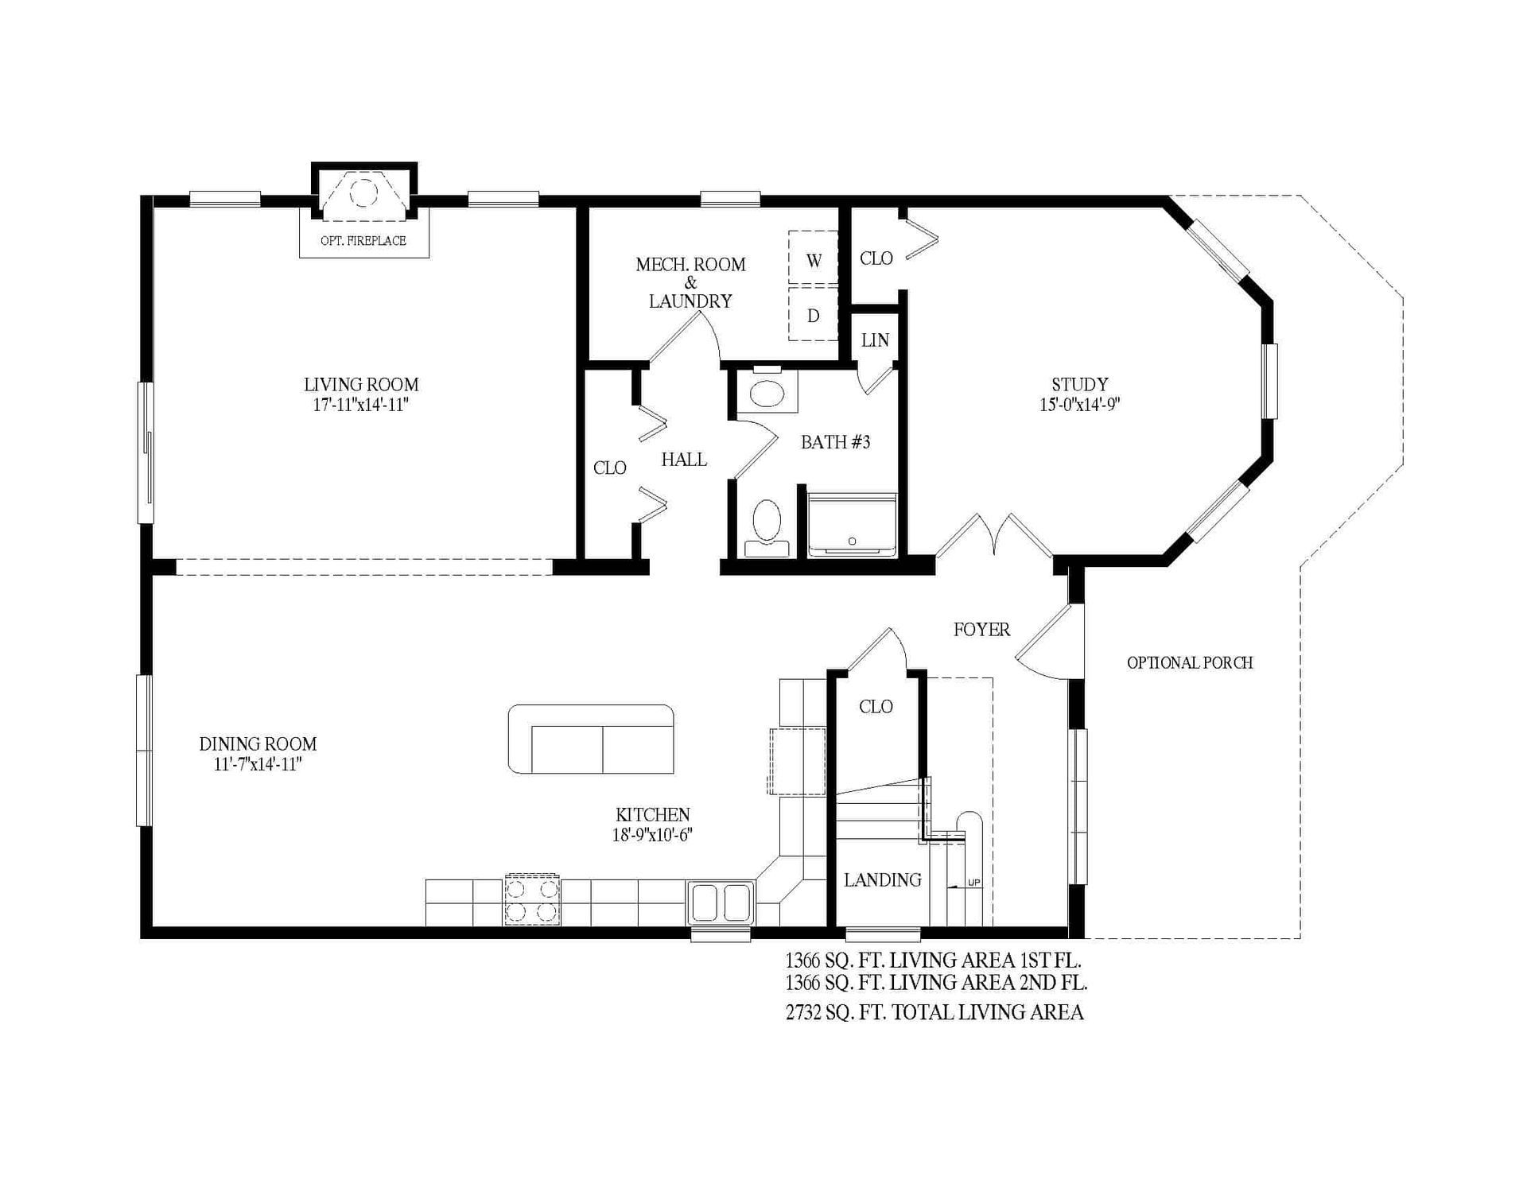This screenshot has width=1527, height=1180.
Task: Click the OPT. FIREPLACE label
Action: [363, 241]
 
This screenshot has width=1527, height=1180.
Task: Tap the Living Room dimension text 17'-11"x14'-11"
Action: [360, 405]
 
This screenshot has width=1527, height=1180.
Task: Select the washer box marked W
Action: [813, 260]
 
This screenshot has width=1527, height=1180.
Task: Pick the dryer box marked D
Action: [813, 316]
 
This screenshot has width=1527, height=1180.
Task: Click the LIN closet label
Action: [875, 340]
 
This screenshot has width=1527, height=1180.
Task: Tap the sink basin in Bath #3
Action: [767, 393]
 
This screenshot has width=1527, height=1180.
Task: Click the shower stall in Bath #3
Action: [852, 525]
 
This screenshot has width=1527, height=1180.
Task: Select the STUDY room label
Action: [1079, 385]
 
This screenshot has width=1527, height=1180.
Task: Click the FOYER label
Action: [981, 630]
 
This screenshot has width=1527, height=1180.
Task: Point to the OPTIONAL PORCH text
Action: [1190, 662]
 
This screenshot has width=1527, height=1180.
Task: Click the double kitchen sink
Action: [721, 902]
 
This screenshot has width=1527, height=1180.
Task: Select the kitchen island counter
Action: [591, 739]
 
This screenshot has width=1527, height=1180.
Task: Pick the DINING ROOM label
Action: [258, 744]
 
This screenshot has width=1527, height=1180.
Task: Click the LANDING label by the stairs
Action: [883, 880]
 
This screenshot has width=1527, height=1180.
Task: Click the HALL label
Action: [684, 460]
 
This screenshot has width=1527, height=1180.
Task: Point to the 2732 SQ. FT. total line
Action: [934, 1012]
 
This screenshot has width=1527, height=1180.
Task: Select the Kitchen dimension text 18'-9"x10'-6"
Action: [653, 835]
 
